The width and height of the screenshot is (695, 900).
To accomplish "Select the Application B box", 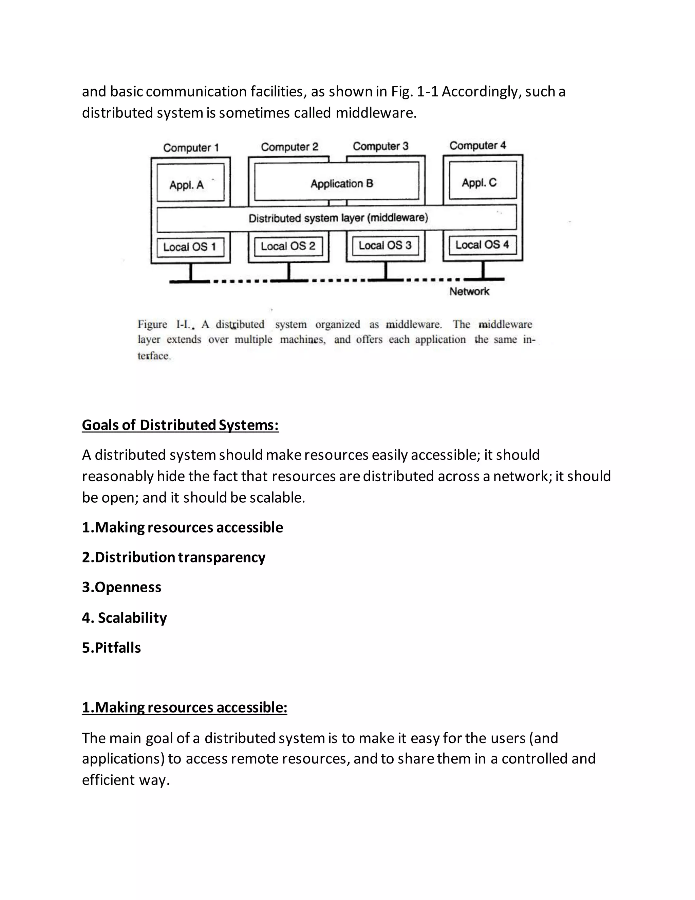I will tap(337, 181).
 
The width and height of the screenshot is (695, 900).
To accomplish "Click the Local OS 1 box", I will tap(190, 247).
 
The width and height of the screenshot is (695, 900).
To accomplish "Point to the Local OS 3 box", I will tap(386, 246).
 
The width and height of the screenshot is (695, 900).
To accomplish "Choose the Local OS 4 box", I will tap(483, 245).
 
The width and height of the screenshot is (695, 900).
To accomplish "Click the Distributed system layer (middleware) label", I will tap(338, 218).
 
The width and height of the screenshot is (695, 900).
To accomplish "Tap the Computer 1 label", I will tap(191, 147).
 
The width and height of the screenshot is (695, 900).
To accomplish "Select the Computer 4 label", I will tap(477, 145).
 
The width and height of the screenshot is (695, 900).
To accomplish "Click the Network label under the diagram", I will tap(469, 292).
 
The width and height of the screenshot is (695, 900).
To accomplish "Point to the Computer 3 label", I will tap(380, 146).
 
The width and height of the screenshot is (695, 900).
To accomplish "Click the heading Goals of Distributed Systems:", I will tap(180, 425).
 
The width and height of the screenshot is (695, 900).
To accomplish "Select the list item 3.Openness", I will tap(122, 587).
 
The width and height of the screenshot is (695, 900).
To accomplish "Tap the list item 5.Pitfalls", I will tap(112, 648).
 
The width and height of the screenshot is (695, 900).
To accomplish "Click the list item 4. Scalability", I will tap(124, 618).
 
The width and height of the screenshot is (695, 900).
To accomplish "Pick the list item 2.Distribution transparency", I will tap(174, 557).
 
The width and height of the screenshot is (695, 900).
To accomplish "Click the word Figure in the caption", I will tap(152, 324).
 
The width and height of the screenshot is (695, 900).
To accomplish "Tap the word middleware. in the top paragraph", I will tap(376, 112).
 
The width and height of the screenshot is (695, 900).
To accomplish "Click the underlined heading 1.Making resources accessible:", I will tap(185, 707).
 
